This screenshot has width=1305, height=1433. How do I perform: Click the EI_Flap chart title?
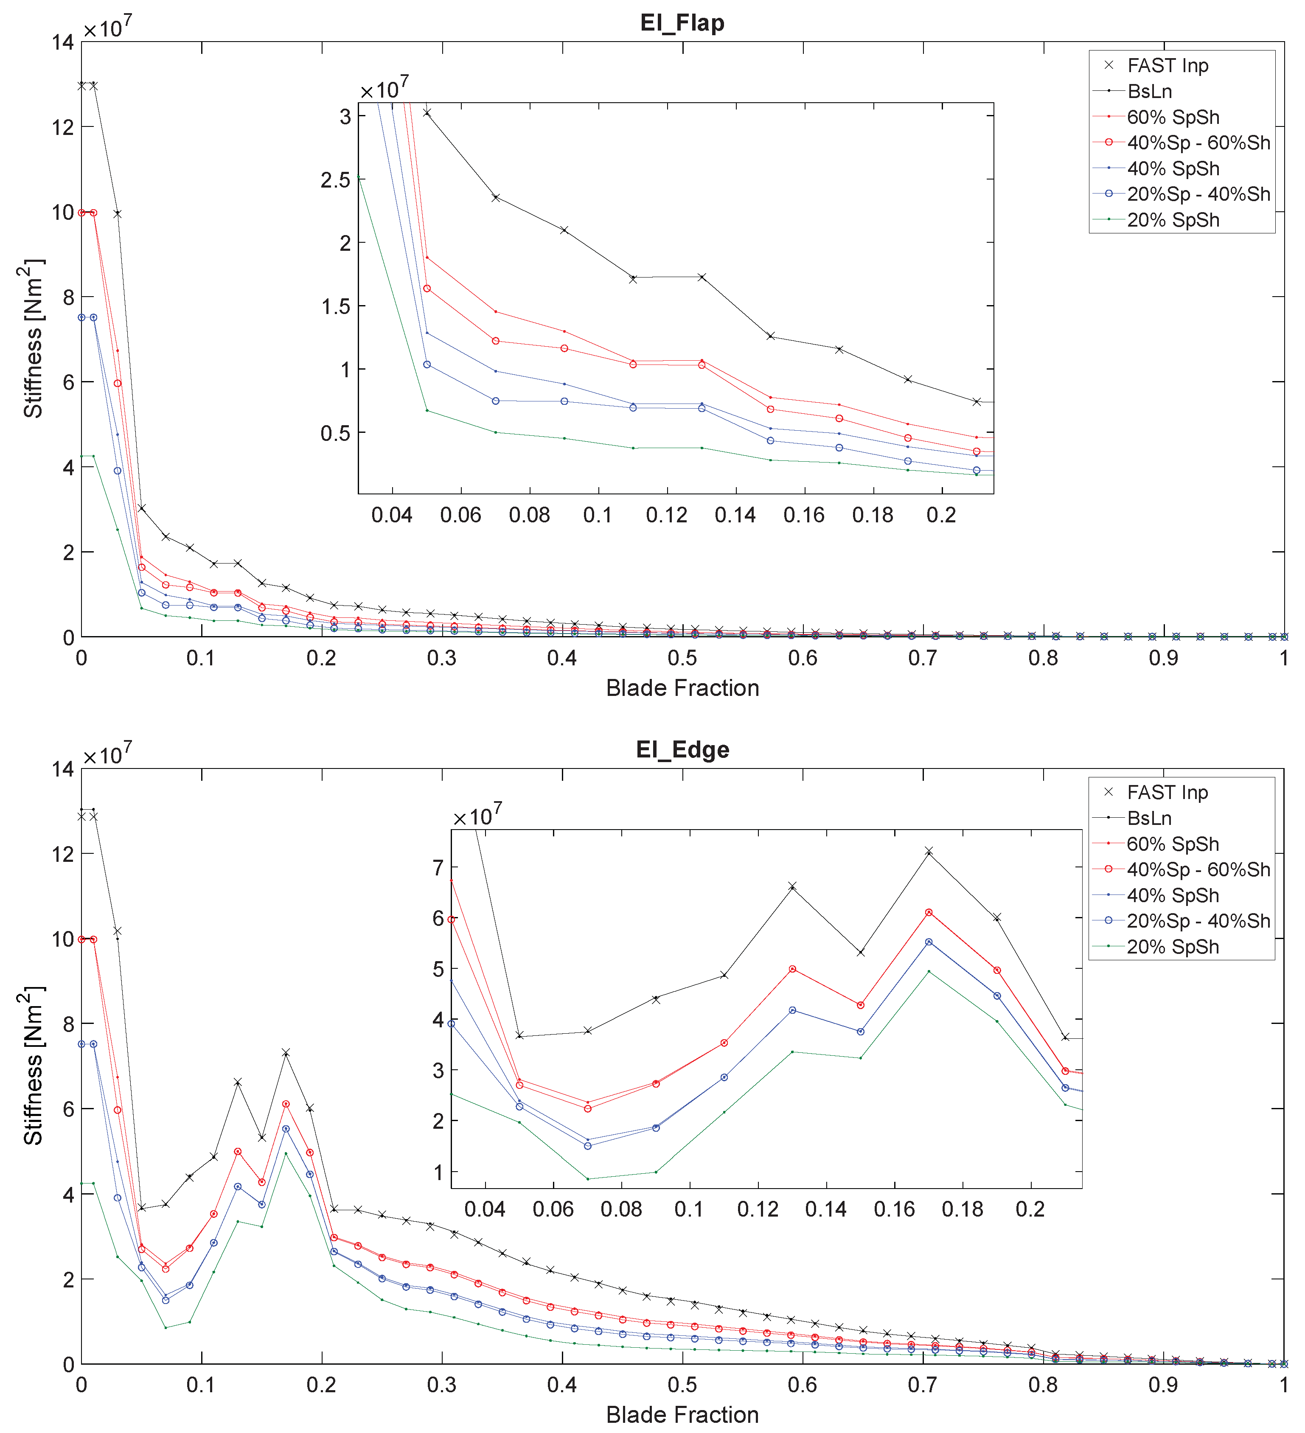coord(682,23)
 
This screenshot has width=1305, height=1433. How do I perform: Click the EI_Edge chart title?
coord(682,750)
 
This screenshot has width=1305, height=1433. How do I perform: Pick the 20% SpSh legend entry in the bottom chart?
coord(1172,947)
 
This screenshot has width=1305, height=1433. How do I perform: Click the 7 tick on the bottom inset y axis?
coord(438,867)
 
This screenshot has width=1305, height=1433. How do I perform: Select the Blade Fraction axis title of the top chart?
coord(682,688)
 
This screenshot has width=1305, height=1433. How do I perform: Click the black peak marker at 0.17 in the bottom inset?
coord(928,851)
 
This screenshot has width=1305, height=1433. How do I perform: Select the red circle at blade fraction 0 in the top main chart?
coord(82,213)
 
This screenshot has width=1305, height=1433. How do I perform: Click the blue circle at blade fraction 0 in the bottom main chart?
coord(82,1044)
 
